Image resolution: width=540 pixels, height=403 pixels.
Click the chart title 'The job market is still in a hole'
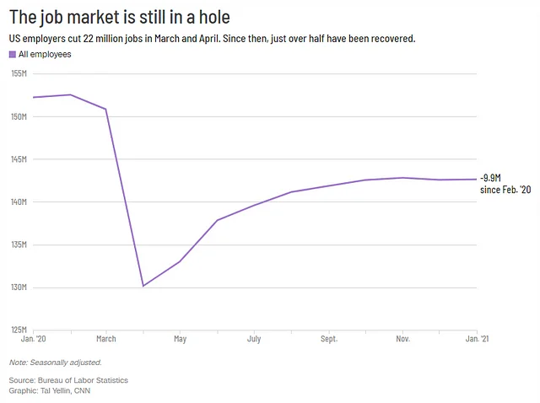point(119,17)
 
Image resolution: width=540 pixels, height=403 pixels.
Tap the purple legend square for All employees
point(13,54)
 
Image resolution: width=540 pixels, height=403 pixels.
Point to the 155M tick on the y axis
point(19,73)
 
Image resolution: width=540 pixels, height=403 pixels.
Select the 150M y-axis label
point(19,116)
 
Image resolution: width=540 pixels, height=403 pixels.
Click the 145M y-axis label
point(19,159)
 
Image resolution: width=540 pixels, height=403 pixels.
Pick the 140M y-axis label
point(19,202)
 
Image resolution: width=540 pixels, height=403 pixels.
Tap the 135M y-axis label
point(19,245)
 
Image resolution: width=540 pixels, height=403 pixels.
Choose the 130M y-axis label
point(19,287)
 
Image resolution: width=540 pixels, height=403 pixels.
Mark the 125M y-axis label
point(19,330)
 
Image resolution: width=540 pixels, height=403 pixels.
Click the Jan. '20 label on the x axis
point(32,339)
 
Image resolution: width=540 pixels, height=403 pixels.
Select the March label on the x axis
point(106,339)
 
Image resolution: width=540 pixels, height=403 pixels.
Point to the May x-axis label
point(180,339)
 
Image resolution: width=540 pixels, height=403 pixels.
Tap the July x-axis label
point(254,339)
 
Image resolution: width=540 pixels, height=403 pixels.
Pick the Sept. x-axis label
point(328,339)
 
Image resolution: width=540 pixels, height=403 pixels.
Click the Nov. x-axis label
point(402,339)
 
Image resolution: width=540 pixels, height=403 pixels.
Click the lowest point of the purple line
point(143,286)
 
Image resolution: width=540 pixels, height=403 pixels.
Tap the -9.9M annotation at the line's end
point(491,178)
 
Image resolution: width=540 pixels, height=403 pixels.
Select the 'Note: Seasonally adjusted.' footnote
point(56,363)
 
